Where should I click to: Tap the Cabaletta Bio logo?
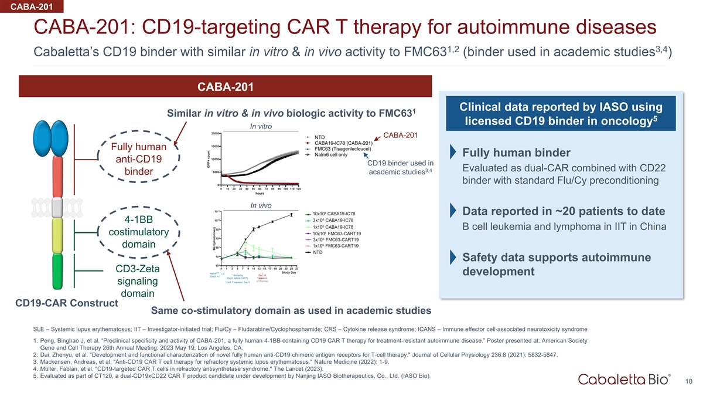point(624,380)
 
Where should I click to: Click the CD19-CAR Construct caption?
point(66,303)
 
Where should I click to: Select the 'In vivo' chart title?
point(260,205)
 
